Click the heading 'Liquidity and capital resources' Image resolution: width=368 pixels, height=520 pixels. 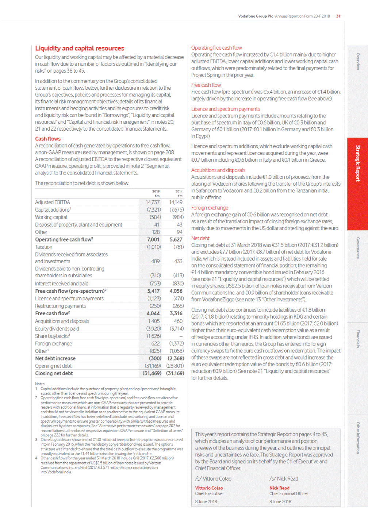[x=80, y=48]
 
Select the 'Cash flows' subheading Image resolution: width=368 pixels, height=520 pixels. [x=48, y=139]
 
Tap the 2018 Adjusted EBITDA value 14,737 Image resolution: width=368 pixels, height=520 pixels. [x=153, y=202]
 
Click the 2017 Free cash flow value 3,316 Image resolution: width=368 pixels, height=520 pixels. [x=176, y=313]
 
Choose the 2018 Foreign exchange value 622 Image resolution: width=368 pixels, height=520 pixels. [x=156, y=343]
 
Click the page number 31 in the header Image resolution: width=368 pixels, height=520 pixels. [x=338, y=16]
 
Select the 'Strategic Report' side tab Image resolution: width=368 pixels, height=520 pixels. [x=358, y=163]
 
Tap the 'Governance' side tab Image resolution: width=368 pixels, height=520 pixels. [x=358, y=248]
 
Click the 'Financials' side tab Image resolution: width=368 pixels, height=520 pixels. [x=358, y=339]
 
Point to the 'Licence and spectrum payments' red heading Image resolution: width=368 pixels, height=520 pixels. [x=226, y=109]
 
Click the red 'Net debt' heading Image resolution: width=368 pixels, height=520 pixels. [x=200, y=238]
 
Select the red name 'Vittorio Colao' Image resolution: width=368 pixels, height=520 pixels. [x=209, y=488]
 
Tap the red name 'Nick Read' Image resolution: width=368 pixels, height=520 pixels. [x=279, y=488]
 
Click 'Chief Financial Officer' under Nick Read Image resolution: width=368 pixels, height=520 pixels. [x=289, y=494]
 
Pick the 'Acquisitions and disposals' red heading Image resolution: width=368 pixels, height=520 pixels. [x=218, y=170]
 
